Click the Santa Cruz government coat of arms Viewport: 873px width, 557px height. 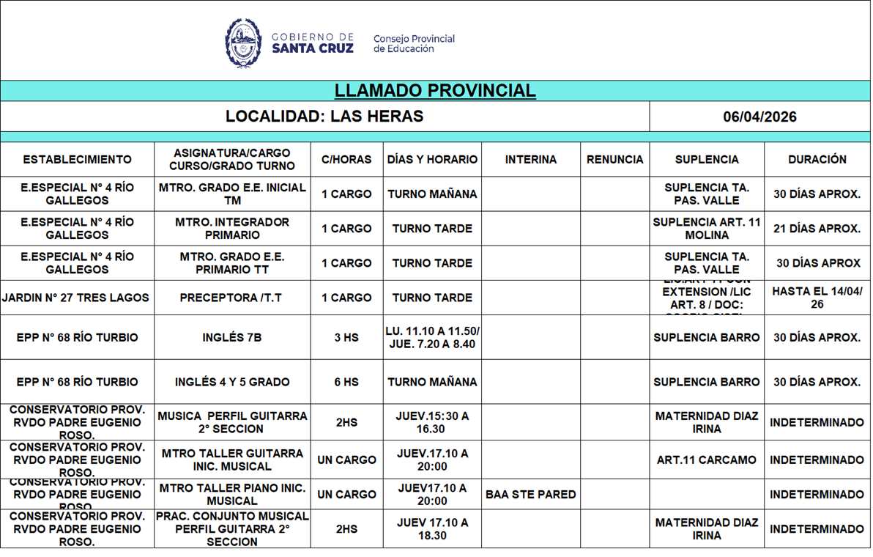tap(243, 43)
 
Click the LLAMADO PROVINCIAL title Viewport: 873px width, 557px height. tap(435, 91)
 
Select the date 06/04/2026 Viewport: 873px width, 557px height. tap(759, 117)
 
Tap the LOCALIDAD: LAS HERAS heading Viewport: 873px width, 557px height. tap(324, 117)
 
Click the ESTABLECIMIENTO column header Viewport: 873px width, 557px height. tap(77, 159)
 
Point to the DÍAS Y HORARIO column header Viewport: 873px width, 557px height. tap(432, 159)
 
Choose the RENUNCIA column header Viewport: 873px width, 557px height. tap(614, 159)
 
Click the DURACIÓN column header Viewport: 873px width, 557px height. tap(817, 159)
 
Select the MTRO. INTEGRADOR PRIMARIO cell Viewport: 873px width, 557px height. tap(232, 229)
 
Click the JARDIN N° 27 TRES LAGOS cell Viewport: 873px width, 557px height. tap(76, 298)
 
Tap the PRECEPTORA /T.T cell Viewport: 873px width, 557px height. tap(232, 298)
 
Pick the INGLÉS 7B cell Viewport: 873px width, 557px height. tap(232, 338)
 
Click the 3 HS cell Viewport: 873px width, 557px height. tap(346, 338)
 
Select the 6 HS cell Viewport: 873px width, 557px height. tap(346, 382)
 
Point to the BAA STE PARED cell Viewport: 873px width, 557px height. tap(530, 495)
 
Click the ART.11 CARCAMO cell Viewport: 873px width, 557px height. tap(706, 460)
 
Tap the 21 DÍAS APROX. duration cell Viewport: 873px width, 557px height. tap(817, 229)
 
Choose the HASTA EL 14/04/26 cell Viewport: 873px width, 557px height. tap(817, 298)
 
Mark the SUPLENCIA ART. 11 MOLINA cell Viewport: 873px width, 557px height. tap(706, 229)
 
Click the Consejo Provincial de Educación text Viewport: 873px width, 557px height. tap(414, 44)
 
